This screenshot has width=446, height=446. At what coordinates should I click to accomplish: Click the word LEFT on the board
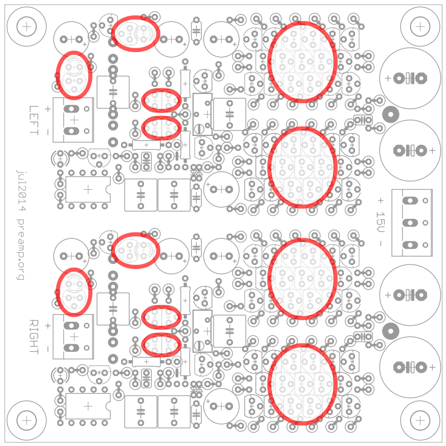[x=34, y=120]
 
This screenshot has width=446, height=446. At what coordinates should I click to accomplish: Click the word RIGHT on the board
[x=34, y=337]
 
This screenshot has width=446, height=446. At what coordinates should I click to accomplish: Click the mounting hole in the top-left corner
[x=26, y=26]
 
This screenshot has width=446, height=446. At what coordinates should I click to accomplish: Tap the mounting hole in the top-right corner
[x=419, y=26]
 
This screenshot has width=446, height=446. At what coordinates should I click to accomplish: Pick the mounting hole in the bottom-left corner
[x=26, y=420]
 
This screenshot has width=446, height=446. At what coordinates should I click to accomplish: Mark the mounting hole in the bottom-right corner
[x=419, y=420]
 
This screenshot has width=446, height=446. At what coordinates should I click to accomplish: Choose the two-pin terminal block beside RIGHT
[x=74, y=337]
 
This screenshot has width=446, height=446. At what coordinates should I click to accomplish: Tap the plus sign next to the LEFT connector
[x=48, y=108]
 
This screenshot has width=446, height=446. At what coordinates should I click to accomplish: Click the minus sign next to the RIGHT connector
[x=48, y=348]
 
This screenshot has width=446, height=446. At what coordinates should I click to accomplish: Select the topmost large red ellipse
[x=302, y=62]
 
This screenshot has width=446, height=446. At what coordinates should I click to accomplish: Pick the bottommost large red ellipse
[x=302, y=384]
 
